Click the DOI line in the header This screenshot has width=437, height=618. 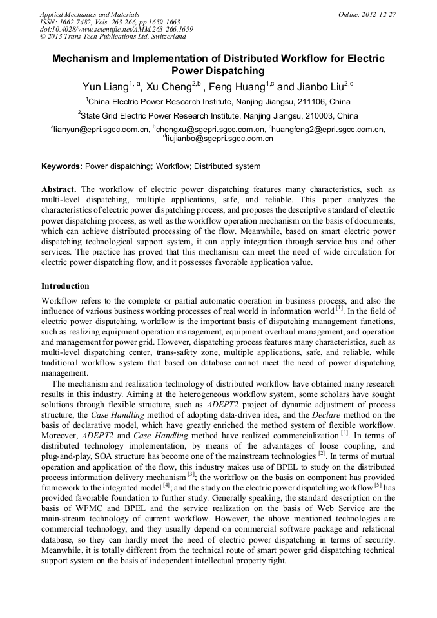click(x=117, y=29)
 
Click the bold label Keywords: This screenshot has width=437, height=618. click(x=62, y=166)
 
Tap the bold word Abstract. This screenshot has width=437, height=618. click(x=59, y=189)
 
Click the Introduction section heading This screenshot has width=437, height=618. click(x=65, y=285)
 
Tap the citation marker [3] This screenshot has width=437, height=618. click(x=191, y=474)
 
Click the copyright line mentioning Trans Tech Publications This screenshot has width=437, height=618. click(x=106, y=37)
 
